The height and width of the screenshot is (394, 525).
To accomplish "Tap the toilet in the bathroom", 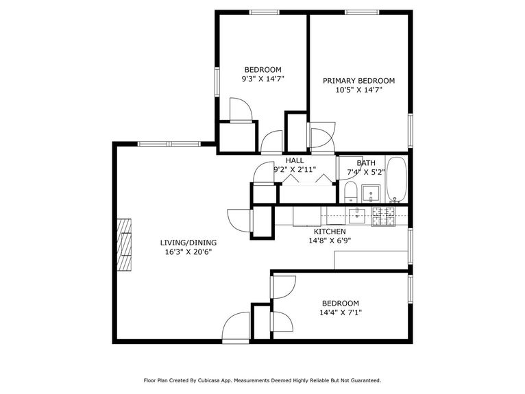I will pyautogui.click(x=350, y=190).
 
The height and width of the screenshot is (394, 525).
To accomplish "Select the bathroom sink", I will pyautogui.click(x=372, y=191).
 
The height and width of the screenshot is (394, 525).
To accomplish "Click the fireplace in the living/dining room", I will pyautogui.click(x=123, y=245).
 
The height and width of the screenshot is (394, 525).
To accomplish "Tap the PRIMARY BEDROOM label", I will pyautogui.click(x=358, y=80).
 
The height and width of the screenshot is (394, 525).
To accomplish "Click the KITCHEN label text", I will pyautogui.click(x=330, y=232).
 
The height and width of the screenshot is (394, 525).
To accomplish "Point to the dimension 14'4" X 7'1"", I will pyautogui.click(x=340, y=312).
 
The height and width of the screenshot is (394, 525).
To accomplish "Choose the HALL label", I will pyautogui.click(x=295, y=160).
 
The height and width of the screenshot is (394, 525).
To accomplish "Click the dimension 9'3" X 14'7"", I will pyautogui.click(x=262, y=79).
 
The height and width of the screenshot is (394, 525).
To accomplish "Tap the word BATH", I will pyautogui.click(x=365, y=163).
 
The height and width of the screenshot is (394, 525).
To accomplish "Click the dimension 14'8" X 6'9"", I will pyautogui.click(x=330, y=241).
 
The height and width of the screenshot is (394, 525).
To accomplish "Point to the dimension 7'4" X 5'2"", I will pyautogui.click(x=365, y=172).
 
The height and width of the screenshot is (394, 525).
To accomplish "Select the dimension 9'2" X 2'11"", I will pyautogui.click(x=295, y=169).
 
